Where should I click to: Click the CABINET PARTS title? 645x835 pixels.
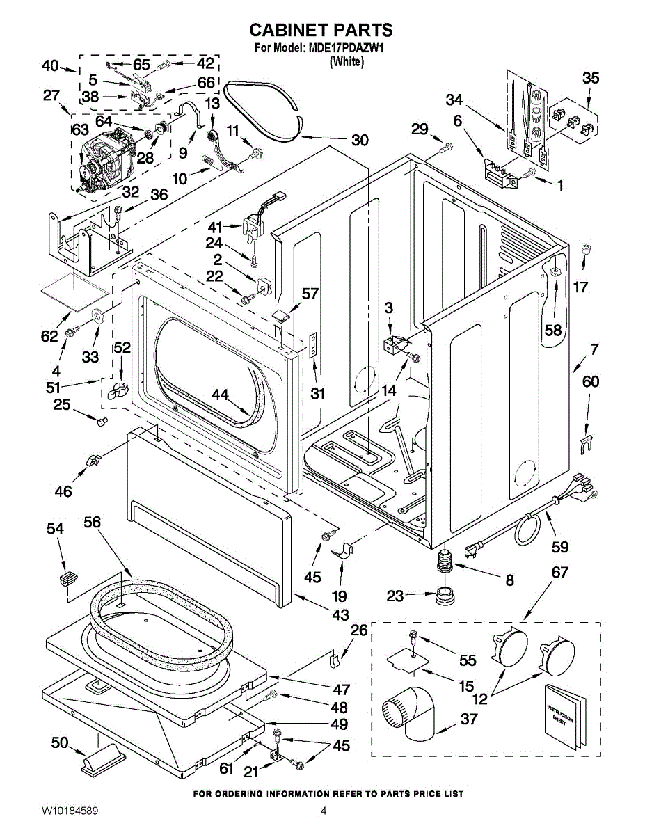coord(321,30)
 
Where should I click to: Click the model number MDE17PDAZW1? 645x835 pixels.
coord(347,49)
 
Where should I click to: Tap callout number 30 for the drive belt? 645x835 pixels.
coord(360,140)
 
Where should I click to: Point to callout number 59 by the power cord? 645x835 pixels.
coord(559,548)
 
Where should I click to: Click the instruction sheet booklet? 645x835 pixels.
coord(561,716)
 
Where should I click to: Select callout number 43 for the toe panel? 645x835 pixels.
coord(340,616)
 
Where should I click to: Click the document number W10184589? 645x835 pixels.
coord(69,811)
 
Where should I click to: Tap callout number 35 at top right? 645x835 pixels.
coord(590,78)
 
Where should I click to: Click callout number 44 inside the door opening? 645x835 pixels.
coord(221,395)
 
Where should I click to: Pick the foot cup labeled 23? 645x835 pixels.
coord(442,596)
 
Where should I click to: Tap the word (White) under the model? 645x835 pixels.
coord(346,62)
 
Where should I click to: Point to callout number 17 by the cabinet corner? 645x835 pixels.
coord(580,286)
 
